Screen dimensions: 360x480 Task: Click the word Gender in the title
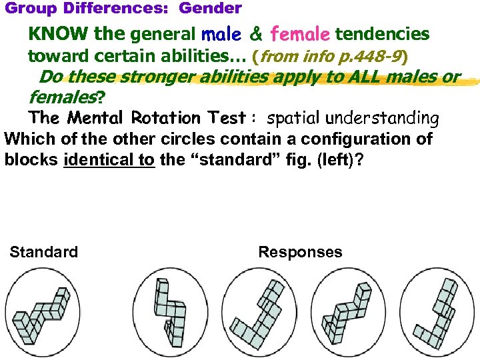210,9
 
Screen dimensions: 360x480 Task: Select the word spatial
291,119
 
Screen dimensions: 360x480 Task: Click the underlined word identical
109,161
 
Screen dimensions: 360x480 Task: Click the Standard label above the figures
43,252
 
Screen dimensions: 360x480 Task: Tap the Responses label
300,252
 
